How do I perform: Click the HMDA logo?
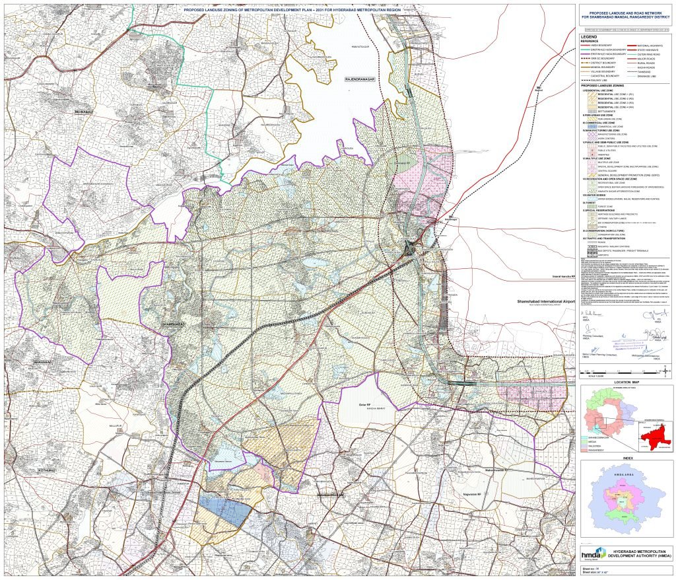593,552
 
